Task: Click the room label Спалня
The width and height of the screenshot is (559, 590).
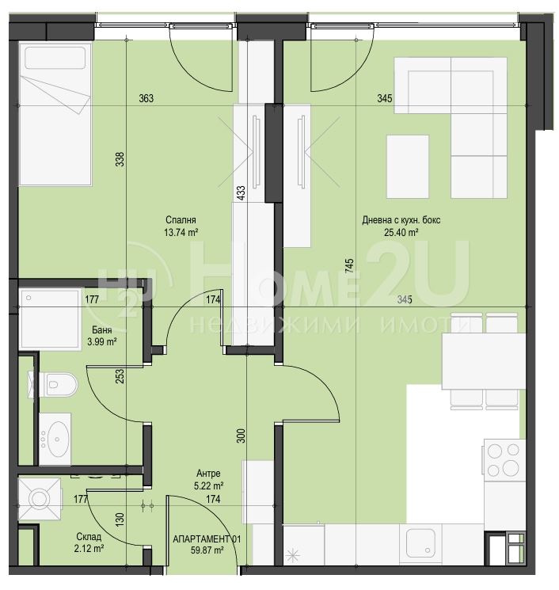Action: pyautogui.click(x=181, y=219)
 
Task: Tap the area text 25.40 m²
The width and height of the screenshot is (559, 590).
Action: pyautogui.click(x=401, y=233)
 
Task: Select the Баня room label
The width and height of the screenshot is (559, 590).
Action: pyautogui.click(x=102, y=330)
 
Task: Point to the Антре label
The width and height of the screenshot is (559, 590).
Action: pyautogui.click(x=208, y=474)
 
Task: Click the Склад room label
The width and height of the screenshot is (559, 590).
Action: pyautogui.click(x=89, y=536)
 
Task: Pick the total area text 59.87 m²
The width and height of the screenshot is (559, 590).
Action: pyautogui.click(x=207, y=550)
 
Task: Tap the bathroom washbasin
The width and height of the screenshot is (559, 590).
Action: pyautogui.click(x=55, y=439)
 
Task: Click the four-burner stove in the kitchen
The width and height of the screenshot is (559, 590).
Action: pyautogui.click(x=504, y=460)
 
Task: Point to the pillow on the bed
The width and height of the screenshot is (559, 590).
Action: pyautogui.click(x=55, y=58)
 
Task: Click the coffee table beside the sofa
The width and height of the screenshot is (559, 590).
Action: pyautogui.click(x=408, y=166)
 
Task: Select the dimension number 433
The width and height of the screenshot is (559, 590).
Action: pyautogui.click(x=241, y=192)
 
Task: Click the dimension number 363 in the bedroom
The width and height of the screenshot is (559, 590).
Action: pyautogui.click(x=146, y=98)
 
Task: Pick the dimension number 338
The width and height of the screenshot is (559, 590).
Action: pyautogui.click(x=120, y=159)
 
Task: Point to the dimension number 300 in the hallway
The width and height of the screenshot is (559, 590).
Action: pyautogui.click(x=241, y=436)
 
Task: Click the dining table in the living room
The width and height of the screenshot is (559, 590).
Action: pyautogui.click(x=484, y=361)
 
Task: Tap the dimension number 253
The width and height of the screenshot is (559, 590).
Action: pyautogui.click(x=120, y=377)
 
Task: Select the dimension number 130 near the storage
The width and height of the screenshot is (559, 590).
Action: pyautogui.click(x=120, y=520)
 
